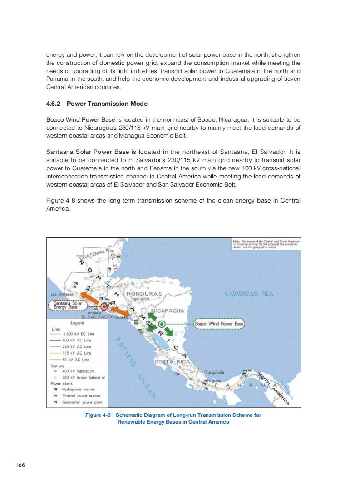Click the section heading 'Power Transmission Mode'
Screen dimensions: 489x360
pos(107,104)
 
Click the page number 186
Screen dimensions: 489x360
pos(20,464)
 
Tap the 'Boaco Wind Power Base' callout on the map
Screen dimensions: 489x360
pos(220,324)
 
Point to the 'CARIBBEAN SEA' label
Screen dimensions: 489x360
pos(249,294)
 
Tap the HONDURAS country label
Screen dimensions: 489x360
pos(144,294)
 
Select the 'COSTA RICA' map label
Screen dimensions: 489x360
pos(168,362)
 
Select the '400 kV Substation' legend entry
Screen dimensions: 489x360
pos(78,371)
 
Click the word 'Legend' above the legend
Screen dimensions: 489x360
pos(77,323)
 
